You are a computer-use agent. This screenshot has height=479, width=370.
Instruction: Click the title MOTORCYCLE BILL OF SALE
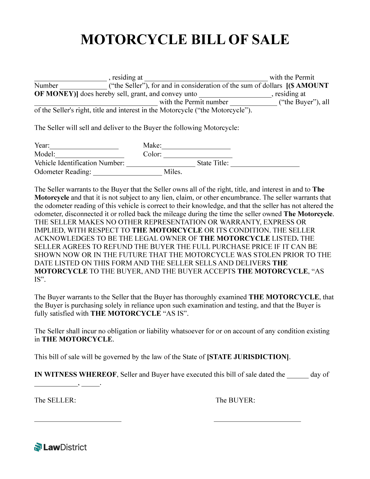pos(185,40)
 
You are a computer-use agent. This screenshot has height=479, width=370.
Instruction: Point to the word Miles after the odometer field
pos(173,172)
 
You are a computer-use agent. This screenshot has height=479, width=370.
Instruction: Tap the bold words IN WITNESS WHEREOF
pos(75,375)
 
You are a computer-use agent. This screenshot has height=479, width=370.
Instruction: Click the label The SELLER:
pos(55,400)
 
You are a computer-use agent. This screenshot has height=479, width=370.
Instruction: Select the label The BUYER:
pos(235,400)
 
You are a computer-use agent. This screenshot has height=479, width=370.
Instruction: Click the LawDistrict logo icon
pos(38,447)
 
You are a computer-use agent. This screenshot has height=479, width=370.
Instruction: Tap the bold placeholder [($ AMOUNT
pos(307,86)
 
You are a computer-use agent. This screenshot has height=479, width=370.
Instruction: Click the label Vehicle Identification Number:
pos(79,163)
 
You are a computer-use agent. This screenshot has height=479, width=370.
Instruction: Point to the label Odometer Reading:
pos(63,172)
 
